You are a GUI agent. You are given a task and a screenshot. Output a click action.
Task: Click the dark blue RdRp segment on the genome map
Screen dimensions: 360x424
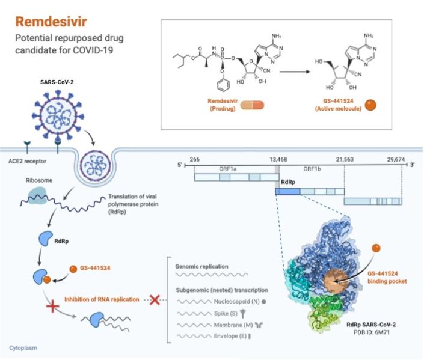click(x=287, y=191)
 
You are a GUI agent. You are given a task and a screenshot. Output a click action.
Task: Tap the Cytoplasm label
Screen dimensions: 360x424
click(x=23, y=347)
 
